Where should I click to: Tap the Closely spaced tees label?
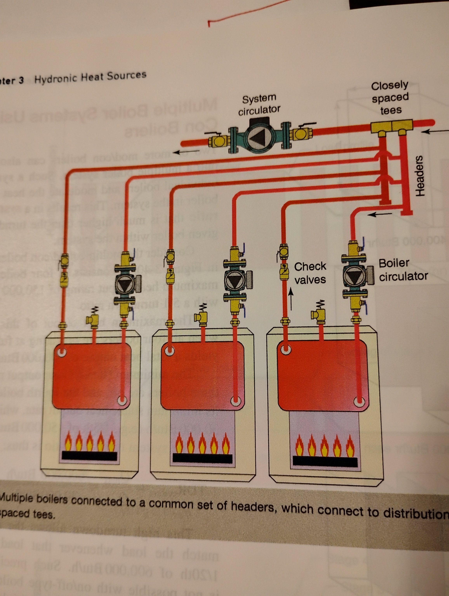(390, 98)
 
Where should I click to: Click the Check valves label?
(310, 273)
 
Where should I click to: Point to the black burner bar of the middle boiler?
(202, 458)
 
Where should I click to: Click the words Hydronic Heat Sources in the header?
(90, 77)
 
